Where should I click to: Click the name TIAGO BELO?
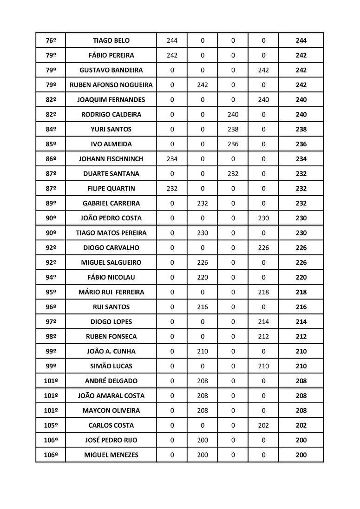pyautogui.click(x=111, y=40)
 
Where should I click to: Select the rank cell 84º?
pyautogui.click(x=51, y=129)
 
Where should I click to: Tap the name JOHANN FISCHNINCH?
pyautogui.click(x=111, y=159)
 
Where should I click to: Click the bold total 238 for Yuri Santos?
pyautogui.click(x=301, y=129)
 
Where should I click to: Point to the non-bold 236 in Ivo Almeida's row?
pyautogui.click(x=233, y=144)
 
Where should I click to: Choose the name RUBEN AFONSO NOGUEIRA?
pyautogui.click(x=111, y=85)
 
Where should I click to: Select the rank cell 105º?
pyautogui.click(x=51, y=425)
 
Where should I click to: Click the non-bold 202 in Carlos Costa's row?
pyautogui.click(x=263, y=425)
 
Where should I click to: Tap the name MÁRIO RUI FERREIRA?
pyautogui.click(x=111, y=292)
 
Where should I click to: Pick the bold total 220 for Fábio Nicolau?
pyautogui.click(x=301, y=277)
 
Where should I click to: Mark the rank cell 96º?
pyautogui.click(x=51, y=307)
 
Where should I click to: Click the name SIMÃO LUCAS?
pyautogui.click(x=111, y=366)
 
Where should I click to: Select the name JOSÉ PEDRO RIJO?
pyautogui.click(x=111, y=440)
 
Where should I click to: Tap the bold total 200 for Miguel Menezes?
pyautogui.click(x=301, y=455)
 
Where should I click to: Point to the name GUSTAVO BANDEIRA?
pyautogui.click(x=111, y=70)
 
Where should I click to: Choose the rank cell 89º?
pyautogui.click(x=51, y=203)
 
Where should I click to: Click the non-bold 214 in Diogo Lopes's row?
pyautogui.click(x=263, y=322)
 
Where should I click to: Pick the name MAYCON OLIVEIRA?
pyautogui.click(x=111, y=411)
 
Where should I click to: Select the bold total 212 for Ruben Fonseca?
pyautogui.click(x=301, y=337)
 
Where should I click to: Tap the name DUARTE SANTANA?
pyautogui.click(x=111, y=174)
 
